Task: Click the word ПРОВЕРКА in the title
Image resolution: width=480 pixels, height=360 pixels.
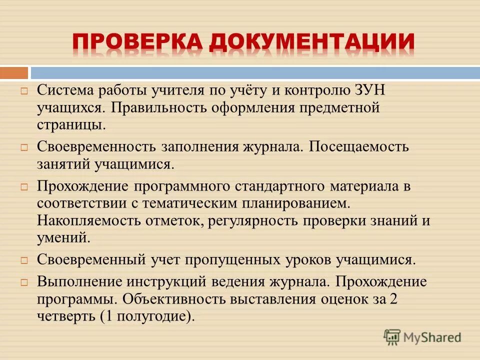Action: (137, 43)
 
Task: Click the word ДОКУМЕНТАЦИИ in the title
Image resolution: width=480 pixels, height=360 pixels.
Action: (311, 43)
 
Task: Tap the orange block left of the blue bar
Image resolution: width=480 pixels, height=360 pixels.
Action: (13, 73)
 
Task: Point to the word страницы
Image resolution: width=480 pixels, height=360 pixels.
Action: (70, 124)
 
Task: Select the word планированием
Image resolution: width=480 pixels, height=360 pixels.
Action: (295, 203)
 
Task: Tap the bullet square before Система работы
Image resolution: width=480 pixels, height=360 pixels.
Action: (23, 92)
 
